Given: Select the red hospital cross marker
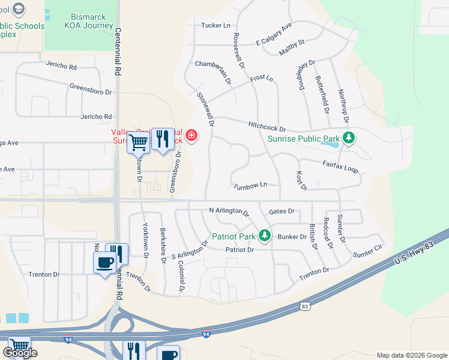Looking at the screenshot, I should [x=191, y=137].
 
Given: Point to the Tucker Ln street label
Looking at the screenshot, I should [x=216, y=26].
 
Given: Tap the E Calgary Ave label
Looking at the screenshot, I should [x=273, y=35].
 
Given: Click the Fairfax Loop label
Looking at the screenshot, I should [x=340, y=166].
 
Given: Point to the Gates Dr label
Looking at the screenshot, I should [x=282, y=211].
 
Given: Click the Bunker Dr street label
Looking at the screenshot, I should [x=292, y=237].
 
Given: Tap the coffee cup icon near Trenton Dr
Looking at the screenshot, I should [x=104, y=262].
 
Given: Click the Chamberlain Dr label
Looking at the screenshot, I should [x=214, y=72].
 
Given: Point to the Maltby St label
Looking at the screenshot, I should [x=292, y=47].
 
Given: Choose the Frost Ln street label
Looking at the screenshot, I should [x=261, y=79].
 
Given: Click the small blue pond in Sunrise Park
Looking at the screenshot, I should [x=330, y=143].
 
